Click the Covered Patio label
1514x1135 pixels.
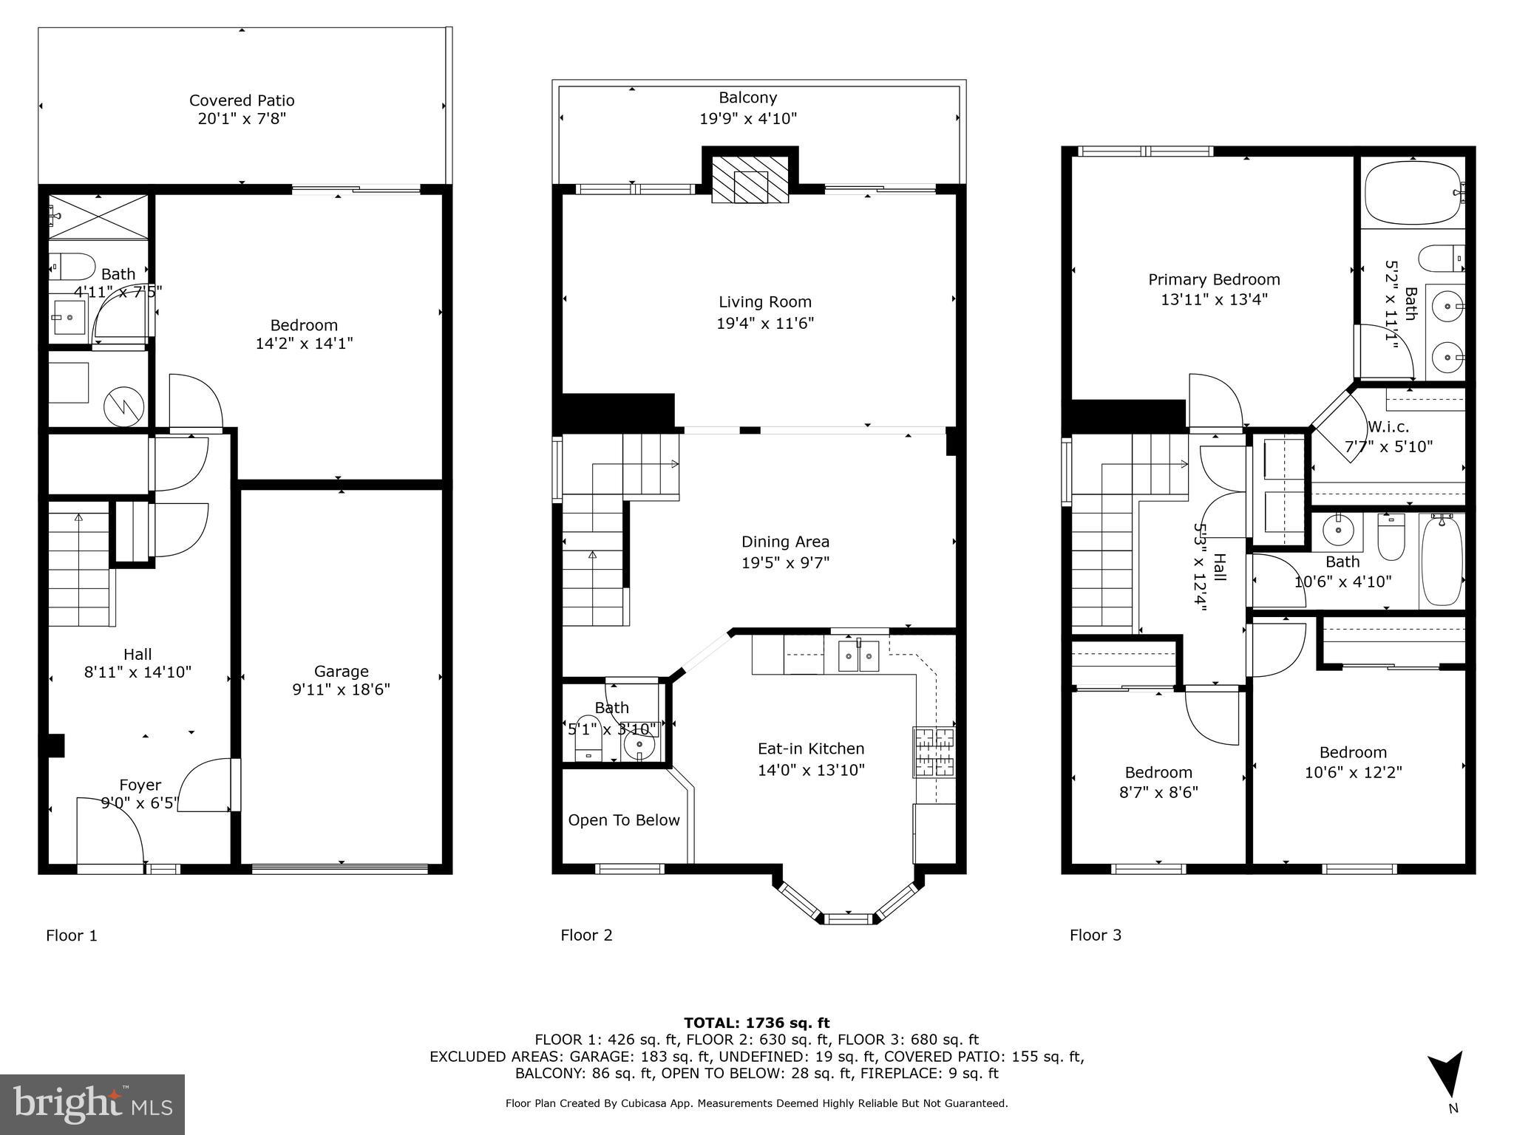point(242,100)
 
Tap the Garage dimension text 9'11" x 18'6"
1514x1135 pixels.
point(341,689)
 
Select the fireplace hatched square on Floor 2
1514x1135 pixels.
point(750,177)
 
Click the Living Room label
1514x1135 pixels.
point(765,301)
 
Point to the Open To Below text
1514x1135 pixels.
point(623,820)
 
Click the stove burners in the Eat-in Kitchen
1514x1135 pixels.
point(934,752)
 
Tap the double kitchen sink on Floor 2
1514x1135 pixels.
point(858,656)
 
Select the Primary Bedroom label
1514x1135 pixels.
point(1214,279)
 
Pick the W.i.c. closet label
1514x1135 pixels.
point(1388,426)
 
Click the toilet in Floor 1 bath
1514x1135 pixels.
point(72,265)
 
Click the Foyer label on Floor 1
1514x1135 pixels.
point(140,785)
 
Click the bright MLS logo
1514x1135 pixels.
point(92,1103)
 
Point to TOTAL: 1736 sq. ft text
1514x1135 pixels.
point(756,1023)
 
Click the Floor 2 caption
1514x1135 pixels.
point(586,935)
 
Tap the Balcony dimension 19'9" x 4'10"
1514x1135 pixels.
point(748,118)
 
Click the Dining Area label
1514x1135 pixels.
point(785,542)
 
